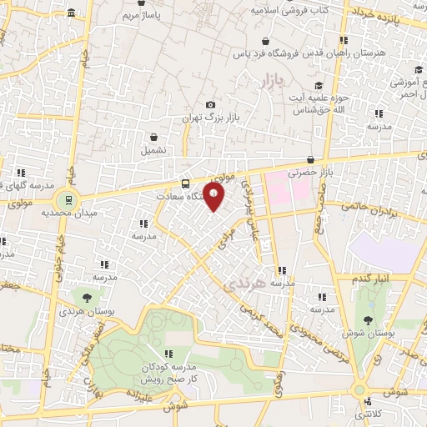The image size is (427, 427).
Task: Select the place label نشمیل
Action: (153, 151)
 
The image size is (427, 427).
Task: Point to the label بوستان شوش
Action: (367, 333)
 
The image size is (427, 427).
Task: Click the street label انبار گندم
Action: (371, 278)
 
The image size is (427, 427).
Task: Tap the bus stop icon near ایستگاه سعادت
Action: (185, 183)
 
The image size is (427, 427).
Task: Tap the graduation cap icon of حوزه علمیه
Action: (319, 85)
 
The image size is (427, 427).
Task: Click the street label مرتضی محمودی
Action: (313, 316)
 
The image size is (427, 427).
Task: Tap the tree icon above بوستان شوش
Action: (368, 317)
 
